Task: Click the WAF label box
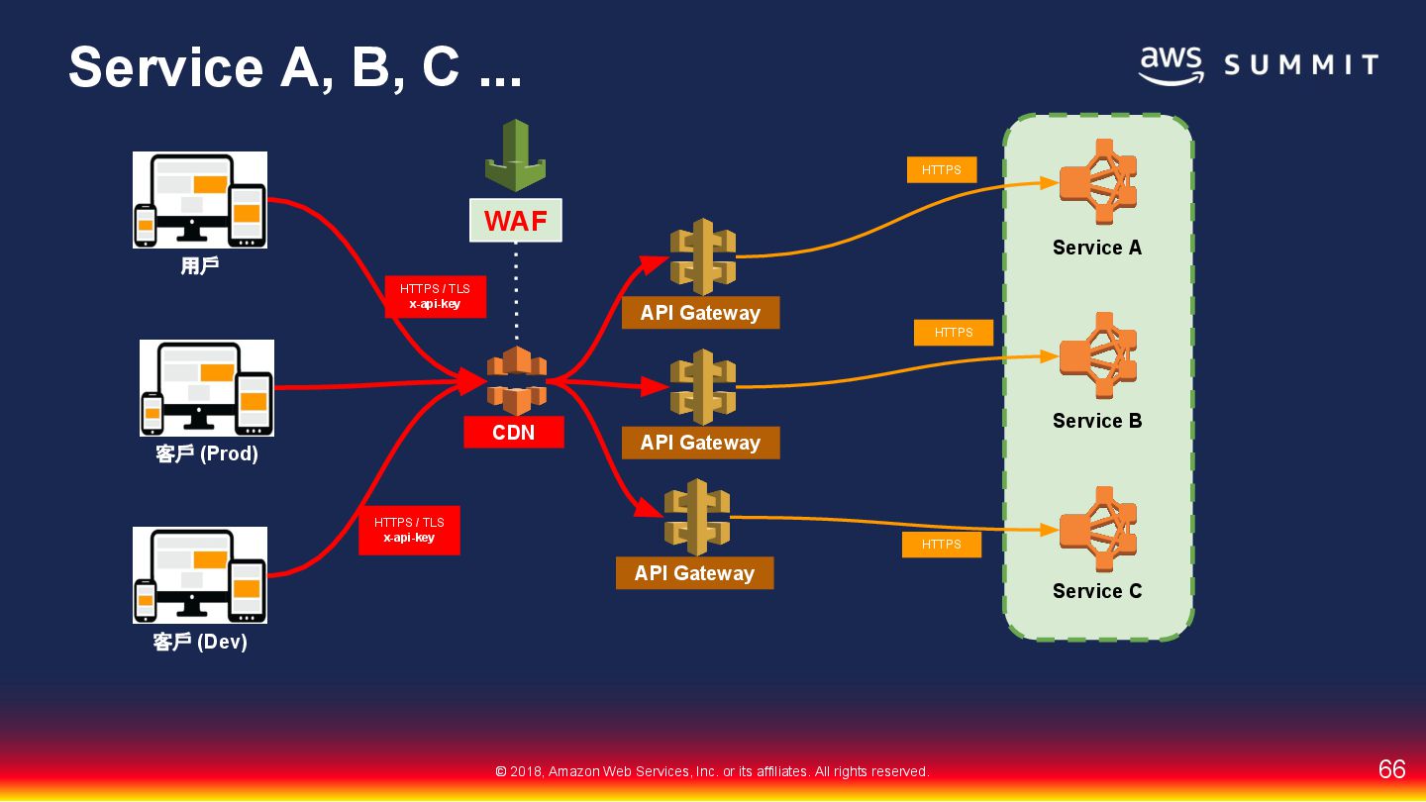[x=515, y=220]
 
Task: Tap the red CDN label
[x=514, y=432]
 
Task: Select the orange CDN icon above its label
[x=516, y=381]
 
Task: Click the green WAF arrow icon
[x=515, y=154]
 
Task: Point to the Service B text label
[x=1097, y=421]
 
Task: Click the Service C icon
[x=1097, y=529]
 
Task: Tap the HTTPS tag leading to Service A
[x=941, y=170]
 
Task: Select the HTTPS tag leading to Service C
[x=941, y=545]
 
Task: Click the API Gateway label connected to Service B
[x=700, y=443]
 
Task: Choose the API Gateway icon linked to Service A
[x=702, y=256]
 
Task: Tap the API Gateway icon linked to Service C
[x=696, y=517]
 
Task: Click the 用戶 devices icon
[x=200, y=200]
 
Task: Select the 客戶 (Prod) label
[x=207, y=454]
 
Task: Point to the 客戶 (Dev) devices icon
[x=200, y=574]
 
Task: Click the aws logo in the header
[x=1171, y=65]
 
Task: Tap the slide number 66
[x=1391, y=769]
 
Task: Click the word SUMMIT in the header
[x=1301, y=66]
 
